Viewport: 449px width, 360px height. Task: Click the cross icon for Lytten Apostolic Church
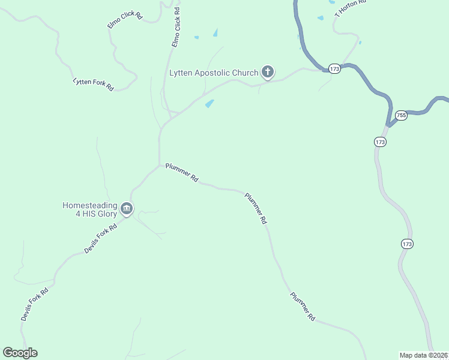(268, 73)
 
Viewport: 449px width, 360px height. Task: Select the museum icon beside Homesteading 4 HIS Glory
(126, 209)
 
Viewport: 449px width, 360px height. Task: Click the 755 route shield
(401, 115)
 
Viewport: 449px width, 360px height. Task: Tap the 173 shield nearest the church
(334, 69)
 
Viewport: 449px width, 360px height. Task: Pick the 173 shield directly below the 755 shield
(380, 142)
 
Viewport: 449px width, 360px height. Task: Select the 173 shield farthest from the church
(407, 244)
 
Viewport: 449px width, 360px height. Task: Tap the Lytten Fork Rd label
(93, 84)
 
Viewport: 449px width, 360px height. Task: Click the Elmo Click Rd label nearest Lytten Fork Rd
(124, 19)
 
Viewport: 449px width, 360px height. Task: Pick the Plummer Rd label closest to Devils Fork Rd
(182, 172)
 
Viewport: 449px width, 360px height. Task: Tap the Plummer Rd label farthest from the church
(303, 307)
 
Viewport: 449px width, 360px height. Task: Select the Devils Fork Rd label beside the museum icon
(100, 238)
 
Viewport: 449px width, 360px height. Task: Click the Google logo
(20, 353)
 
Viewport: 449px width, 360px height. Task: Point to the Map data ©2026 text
(424, 355)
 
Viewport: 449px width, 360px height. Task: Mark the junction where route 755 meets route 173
(389, 125)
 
